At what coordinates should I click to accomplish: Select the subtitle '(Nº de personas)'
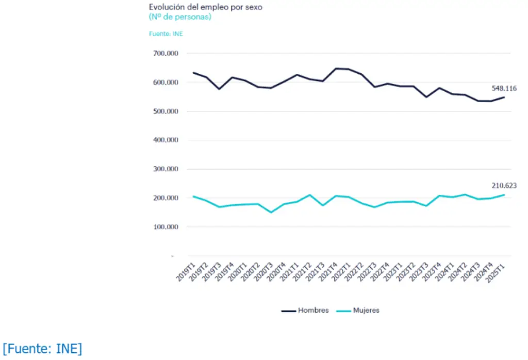tap(180, 17)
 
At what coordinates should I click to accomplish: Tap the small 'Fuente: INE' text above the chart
tap(166, 34)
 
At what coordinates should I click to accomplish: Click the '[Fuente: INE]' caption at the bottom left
tap(42, 349)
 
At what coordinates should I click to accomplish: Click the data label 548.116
tap(504, 88)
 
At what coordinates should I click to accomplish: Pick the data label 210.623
tap(504, 186)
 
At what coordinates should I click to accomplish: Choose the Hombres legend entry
tap(305, 310)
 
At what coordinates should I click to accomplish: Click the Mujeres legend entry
tap(358, 310)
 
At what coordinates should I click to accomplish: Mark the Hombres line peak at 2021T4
tap(336, 68)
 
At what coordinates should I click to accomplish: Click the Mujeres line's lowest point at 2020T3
tap(271, 212)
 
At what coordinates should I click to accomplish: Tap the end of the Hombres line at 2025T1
tap(504, 97)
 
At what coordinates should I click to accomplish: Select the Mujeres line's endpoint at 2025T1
tap(504, 194)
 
